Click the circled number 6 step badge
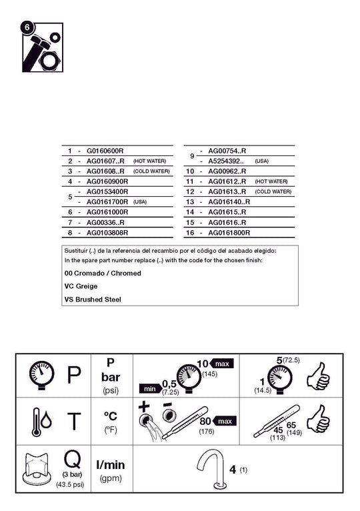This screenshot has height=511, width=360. [27, 27]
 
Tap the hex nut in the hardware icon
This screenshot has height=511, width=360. [49, 60]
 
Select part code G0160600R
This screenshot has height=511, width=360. [105, 151]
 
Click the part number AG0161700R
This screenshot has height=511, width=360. [107, 202]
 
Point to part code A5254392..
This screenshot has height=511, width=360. [226, 161]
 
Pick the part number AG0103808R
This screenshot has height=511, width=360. [107, 233]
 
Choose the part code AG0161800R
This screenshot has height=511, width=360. [229, 233]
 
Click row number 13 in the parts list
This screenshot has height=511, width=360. [190, 202]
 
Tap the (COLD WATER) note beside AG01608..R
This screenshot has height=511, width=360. [151, 171]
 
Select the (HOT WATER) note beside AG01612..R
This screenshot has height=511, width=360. [271, 181]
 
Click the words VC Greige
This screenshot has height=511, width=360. [81, 286]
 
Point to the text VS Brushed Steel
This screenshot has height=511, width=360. [93, 299]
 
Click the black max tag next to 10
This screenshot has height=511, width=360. [222, 364]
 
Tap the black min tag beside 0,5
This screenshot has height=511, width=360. [150, 389]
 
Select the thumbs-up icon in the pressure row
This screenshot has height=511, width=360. [318, 376]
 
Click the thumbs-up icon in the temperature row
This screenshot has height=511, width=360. [318, 419]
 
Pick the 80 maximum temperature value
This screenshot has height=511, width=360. [205, 421]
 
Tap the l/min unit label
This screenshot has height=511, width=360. [111, 465]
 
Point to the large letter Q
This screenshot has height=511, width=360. [72, 460]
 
